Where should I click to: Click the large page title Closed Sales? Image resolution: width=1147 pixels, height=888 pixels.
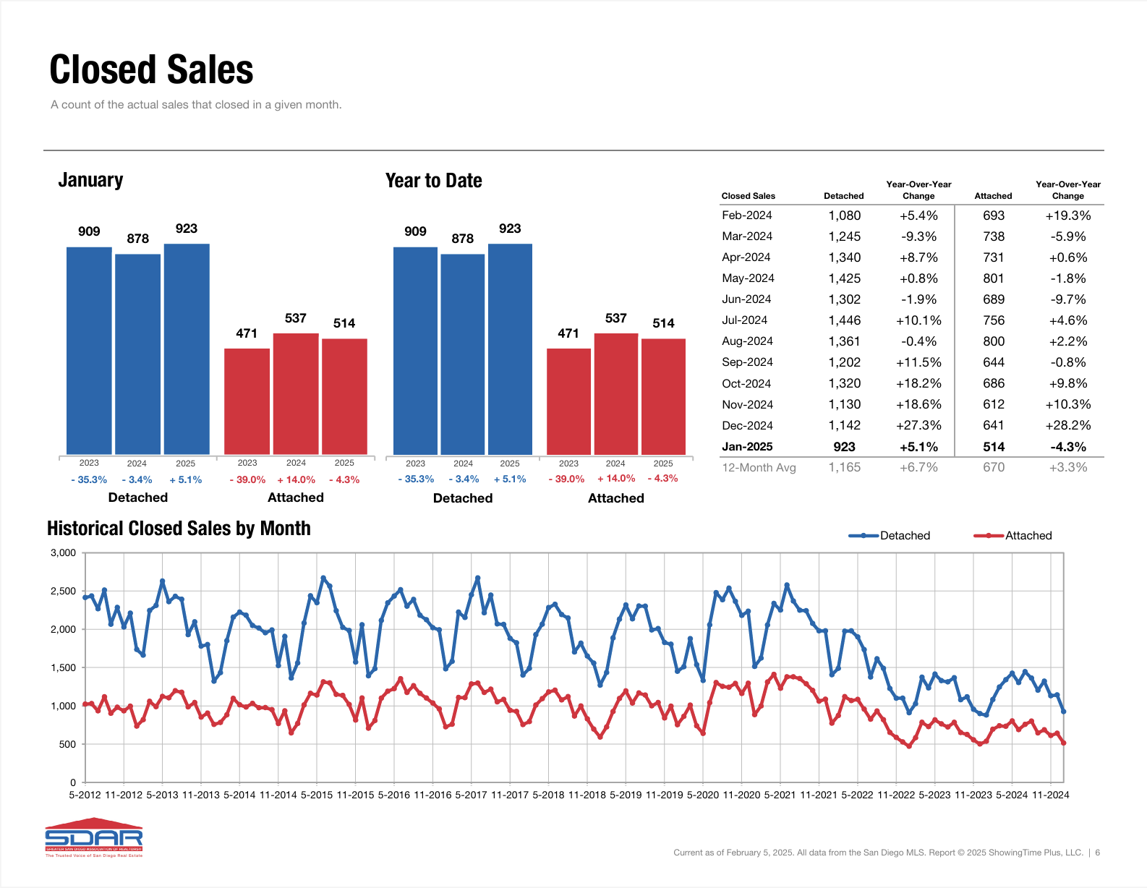151,70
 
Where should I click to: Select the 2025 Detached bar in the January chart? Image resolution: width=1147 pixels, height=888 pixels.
187,349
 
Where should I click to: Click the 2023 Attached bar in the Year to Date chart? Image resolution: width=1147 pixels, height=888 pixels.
568,401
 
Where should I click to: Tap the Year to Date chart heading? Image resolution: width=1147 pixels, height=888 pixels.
433,181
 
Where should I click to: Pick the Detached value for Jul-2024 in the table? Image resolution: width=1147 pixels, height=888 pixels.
844,320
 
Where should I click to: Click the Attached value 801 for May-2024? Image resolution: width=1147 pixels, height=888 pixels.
993,278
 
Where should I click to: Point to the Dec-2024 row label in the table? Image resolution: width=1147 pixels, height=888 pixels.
747,425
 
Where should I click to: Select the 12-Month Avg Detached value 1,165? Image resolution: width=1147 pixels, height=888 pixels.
844,467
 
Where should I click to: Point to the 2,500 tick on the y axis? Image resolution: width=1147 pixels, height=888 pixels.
63,592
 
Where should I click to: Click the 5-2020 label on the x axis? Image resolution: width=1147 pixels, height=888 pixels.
702,795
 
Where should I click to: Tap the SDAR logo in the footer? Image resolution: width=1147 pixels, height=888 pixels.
94,838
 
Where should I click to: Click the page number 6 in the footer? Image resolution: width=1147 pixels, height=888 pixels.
1097,853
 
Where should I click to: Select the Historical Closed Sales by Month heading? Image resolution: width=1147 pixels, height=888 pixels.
179,529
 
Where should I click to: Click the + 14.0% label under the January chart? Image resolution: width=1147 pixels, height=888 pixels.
296,479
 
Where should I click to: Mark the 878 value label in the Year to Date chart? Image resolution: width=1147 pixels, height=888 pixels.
462,239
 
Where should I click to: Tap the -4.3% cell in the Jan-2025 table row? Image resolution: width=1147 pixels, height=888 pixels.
1067,447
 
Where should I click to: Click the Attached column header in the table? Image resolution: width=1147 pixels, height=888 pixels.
993,196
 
